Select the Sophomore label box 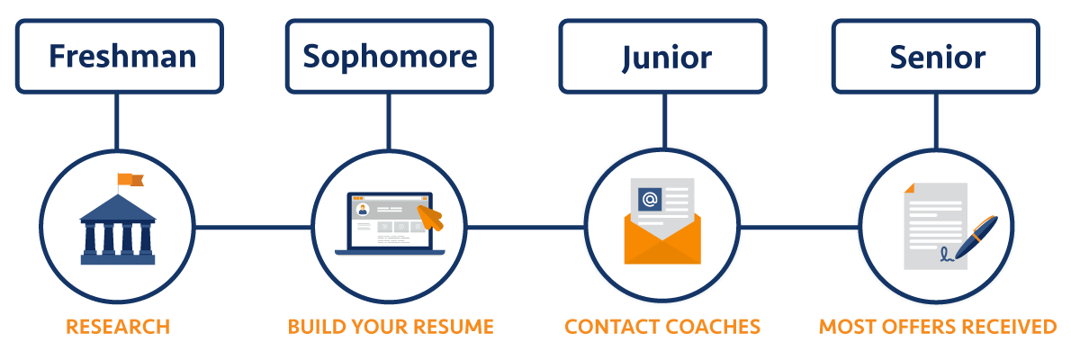click(x=390, y=57)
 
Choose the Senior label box click(x=937, y=57)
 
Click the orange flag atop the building click(x=130, y=180)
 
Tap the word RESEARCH click(x=117, y=326)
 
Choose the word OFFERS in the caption click(x=921, y=326)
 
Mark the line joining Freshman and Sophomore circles click(x=253, y=227)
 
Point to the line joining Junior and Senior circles click(x=799, y=227)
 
